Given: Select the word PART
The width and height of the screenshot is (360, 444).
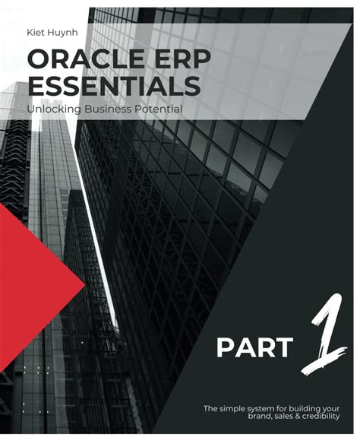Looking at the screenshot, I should (x=254, y=348).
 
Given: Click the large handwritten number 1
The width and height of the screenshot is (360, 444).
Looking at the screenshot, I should (x=319, y=335).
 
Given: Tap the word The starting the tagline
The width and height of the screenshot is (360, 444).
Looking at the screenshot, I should (x=211, y=409).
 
